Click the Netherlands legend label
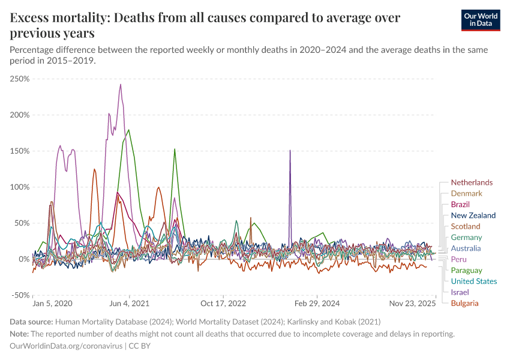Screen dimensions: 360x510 (472, 182)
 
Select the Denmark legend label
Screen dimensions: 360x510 (466, 193)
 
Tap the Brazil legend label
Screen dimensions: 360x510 (460, 205)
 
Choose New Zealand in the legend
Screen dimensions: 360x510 (473, 215)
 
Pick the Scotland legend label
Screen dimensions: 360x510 (466, 226)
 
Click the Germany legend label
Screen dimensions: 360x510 (466, 238)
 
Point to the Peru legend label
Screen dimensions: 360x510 (458, 259)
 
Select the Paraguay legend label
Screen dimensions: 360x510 (466, 271)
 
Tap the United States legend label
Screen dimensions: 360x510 (473, 281)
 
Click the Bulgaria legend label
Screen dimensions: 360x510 (464, 303)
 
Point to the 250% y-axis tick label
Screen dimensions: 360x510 (20, 79)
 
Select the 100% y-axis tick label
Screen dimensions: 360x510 (20, 187)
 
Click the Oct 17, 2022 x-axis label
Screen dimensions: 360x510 (223, 304)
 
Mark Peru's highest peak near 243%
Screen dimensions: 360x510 (121, 84)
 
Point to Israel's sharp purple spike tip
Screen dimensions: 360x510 (290, 151)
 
